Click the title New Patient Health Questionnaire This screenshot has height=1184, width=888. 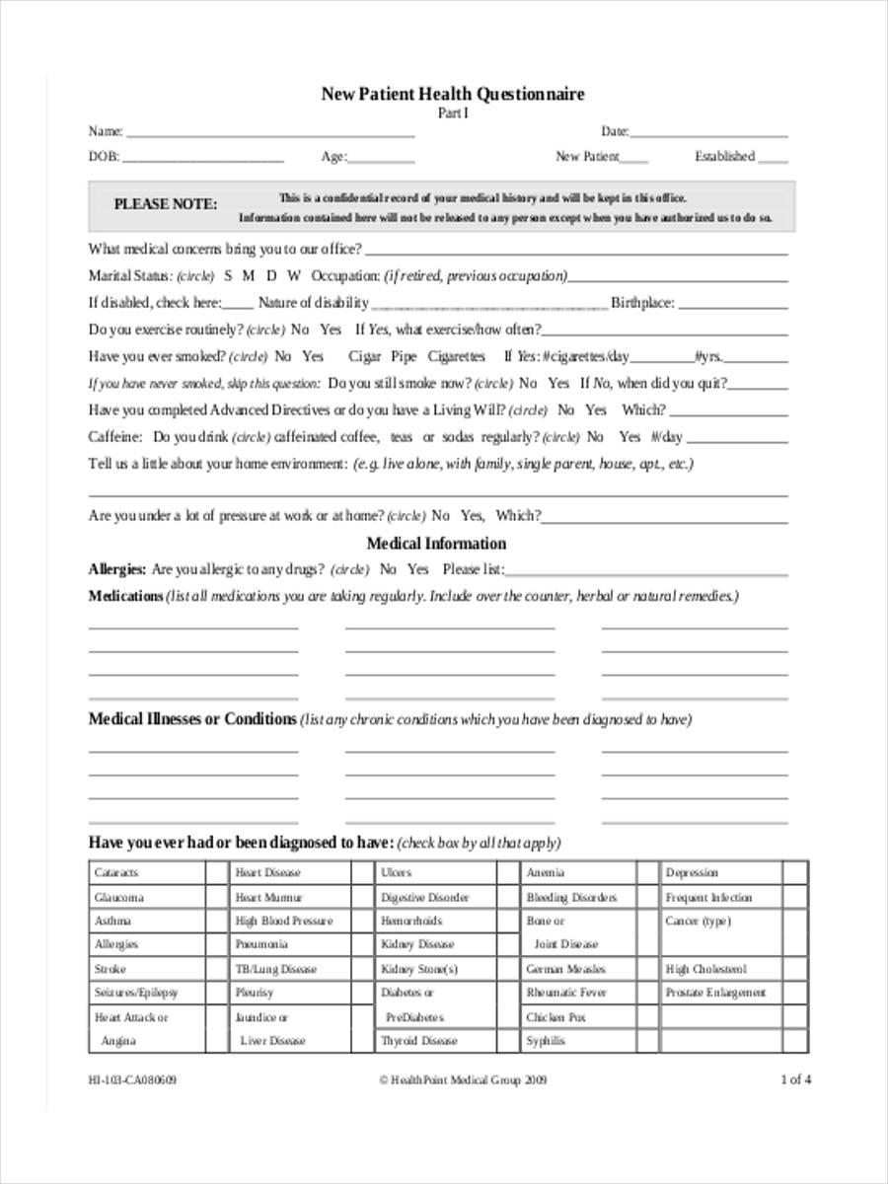452,95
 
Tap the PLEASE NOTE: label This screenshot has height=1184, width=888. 165,204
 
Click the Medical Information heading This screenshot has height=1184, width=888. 436,544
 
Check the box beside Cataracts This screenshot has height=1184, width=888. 216,873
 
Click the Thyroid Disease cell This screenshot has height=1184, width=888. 419,1041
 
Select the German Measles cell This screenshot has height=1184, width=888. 565,969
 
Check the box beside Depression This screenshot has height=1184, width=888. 794,873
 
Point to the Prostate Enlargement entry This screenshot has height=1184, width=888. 715,993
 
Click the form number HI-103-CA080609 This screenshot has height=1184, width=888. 132,1079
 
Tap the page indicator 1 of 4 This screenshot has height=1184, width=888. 795,1079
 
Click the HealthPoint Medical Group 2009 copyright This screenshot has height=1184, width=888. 463,1079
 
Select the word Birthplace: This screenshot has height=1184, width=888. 642,303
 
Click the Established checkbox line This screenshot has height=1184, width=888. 774,158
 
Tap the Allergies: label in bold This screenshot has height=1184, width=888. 117,569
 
